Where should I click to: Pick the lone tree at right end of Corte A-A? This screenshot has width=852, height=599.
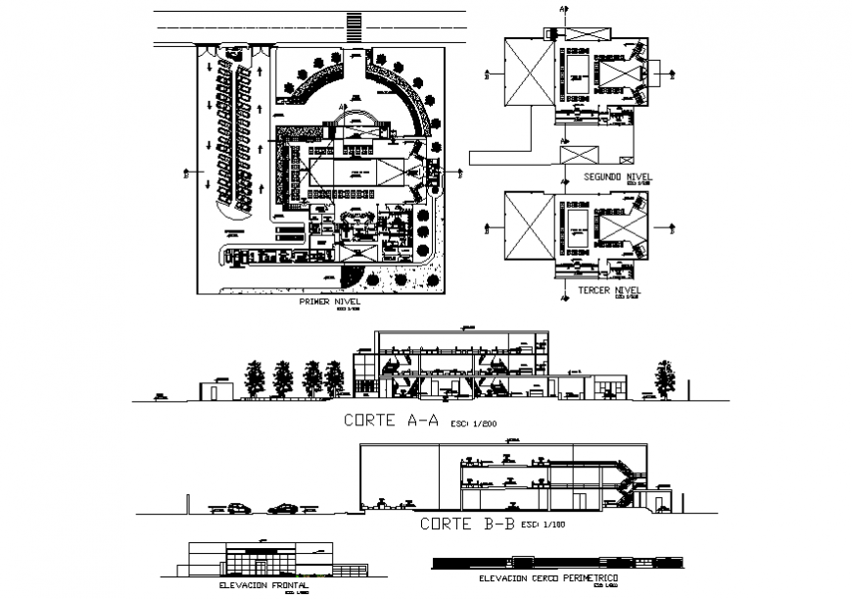click(667, 377)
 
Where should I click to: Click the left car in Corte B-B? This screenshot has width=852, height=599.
click(238, 508)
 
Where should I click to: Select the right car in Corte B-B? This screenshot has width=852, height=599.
click(284, 508)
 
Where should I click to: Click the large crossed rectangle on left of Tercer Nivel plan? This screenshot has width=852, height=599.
click(528, 227)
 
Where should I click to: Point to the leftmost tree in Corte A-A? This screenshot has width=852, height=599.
click(257, 377)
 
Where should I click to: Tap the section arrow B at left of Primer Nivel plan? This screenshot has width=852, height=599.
click(186, 177)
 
